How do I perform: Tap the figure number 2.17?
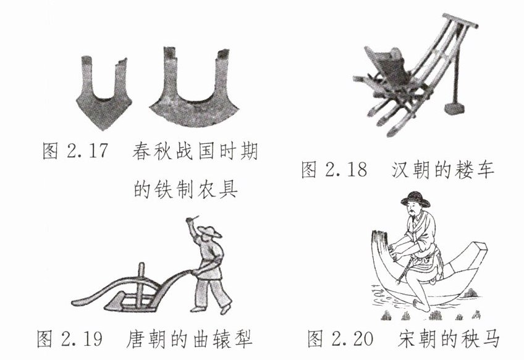click(88, 151)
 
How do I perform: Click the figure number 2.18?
click(346, 170)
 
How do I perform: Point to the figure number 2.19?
click(82, 338)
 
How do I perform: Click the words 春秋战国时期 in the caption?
click(195, 151)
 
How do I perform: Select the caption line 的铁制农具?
click(186, 190)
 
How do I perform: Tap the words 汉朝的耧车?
click(443, 170)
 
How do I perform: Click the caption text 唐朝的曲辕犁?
click(189, 338)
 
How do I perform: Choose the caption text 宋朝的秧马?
click(449, 338)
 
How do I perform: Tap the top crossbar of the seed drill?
click(460, 21)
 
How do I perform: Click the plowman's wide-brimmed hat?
click(209, 231)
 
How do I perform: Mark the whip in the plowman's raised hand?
click(192, 219)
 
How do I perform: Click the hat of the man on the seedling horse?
click(416, 199)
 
